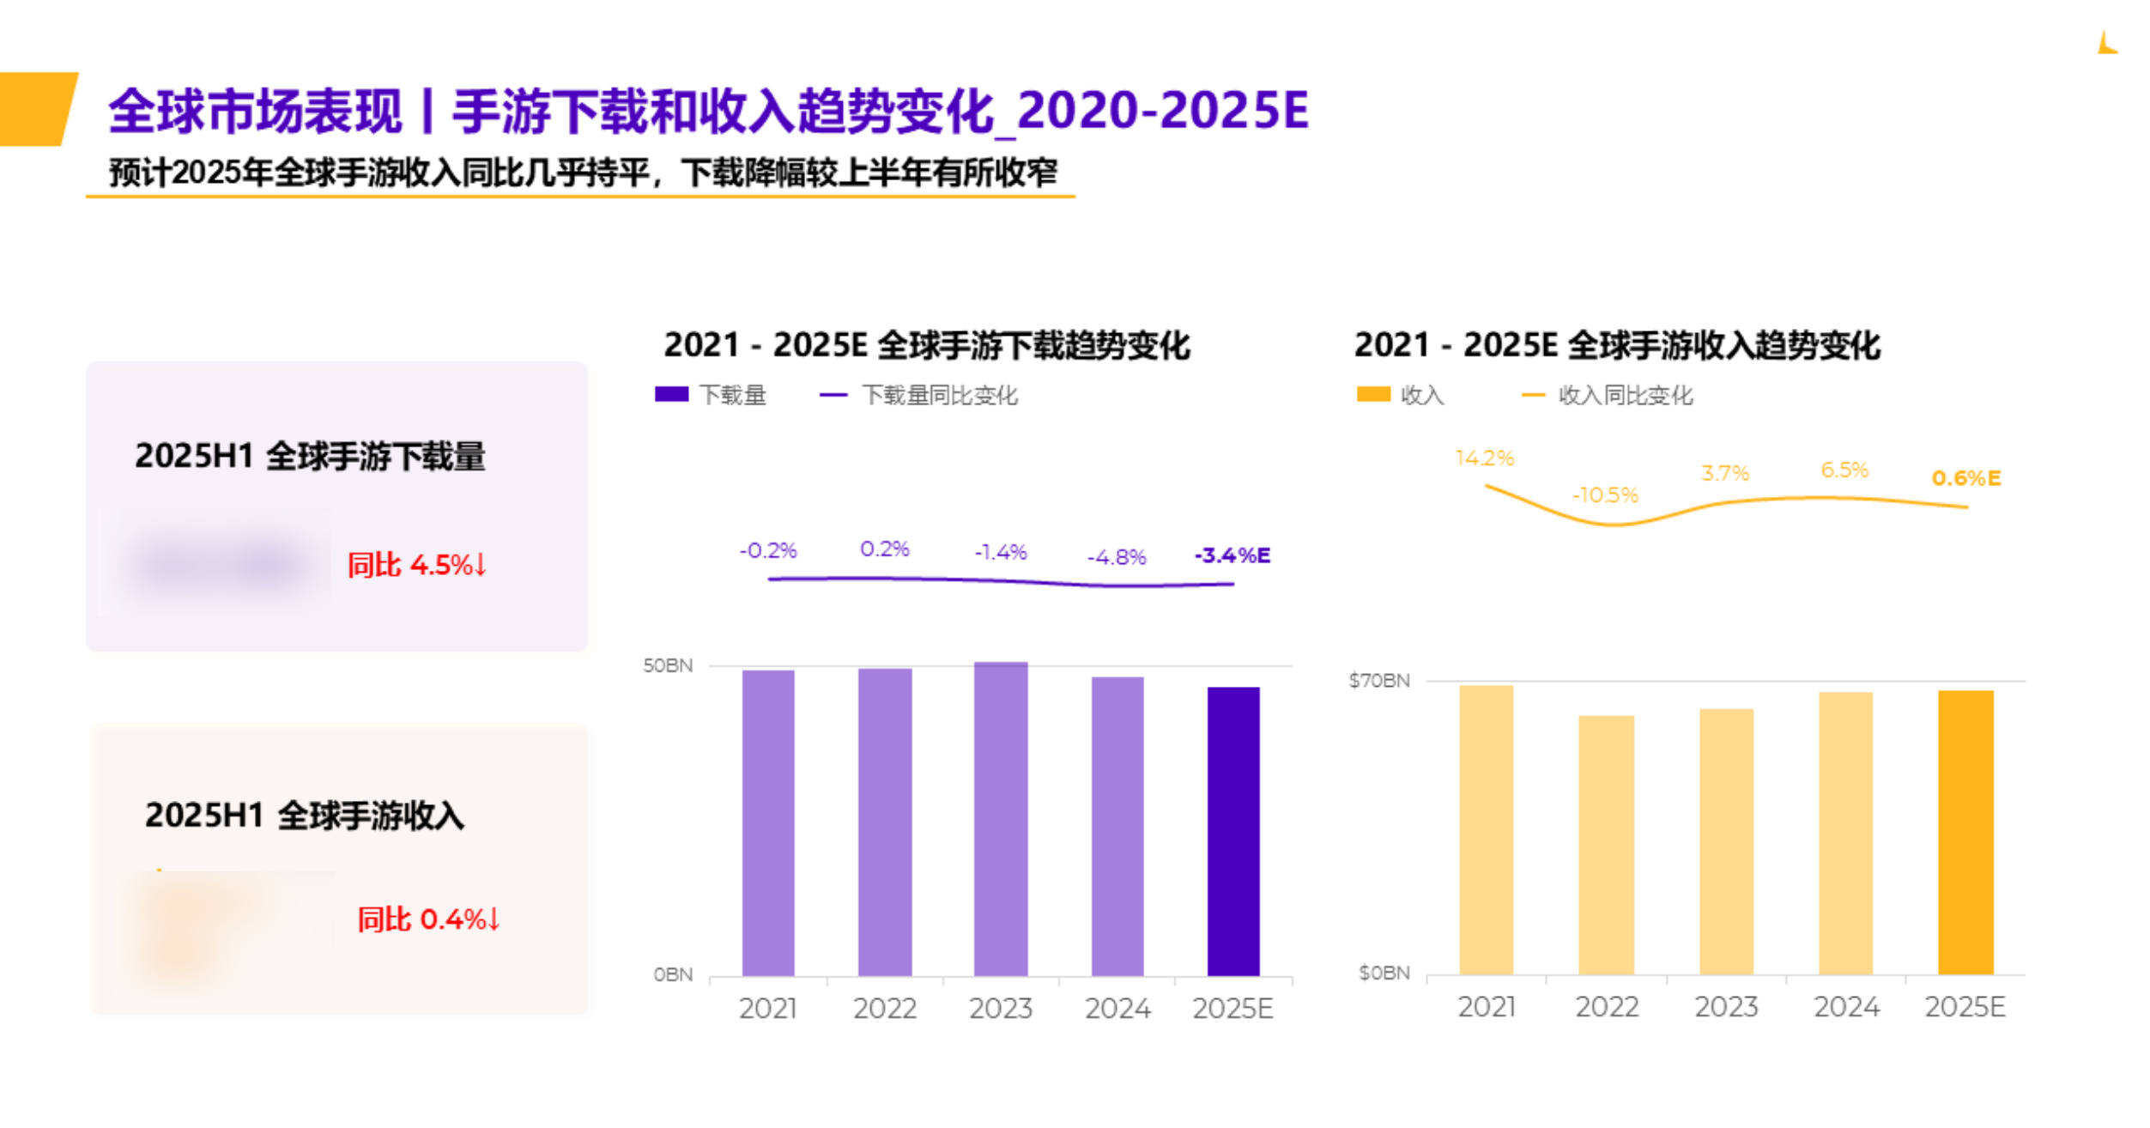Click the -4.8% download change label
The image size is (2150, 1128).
1116,557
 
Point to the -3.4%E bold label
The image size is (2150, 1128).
1232,555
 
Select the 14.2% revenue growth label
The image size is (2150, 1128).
1484,458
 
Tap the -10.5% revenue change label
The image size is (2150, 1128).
1604,495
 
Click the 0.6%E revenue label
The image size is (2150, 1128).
1965,478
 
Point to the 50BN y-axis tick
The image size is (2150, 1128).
668,665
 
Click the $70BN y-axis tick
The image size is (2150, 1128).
1378,681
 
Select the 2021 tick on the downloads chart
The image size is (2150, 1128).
767,1008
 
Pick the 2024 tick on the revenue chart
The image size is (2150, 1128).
1845,1006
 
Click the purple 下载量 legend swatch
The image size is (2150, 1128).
671,394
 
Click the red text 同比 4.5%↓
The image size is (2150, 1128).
417,565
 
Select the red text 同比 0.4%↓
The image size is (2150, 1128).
428,919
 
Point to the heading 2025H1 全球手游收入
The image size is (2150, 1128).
305,815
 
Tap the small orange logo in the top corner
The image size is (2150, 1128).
2106,43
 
